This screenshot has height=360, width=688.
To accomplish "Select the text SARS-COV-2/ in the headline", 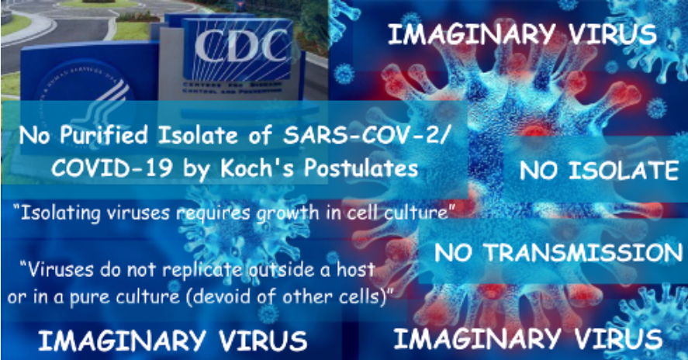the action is [366, 135].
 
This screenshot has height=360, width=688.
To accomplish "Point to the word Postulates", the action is [361, 168].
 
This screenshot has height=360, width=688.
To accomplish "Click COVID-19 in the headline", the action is [112, 168].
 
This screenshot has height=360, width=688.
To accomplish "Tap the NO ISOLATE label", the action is [600, 171].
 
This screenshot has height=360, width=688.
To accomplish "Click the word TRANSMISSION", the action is [583, 252].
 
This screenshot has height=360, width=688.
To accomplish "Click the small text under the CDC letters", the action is [232, 88].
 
